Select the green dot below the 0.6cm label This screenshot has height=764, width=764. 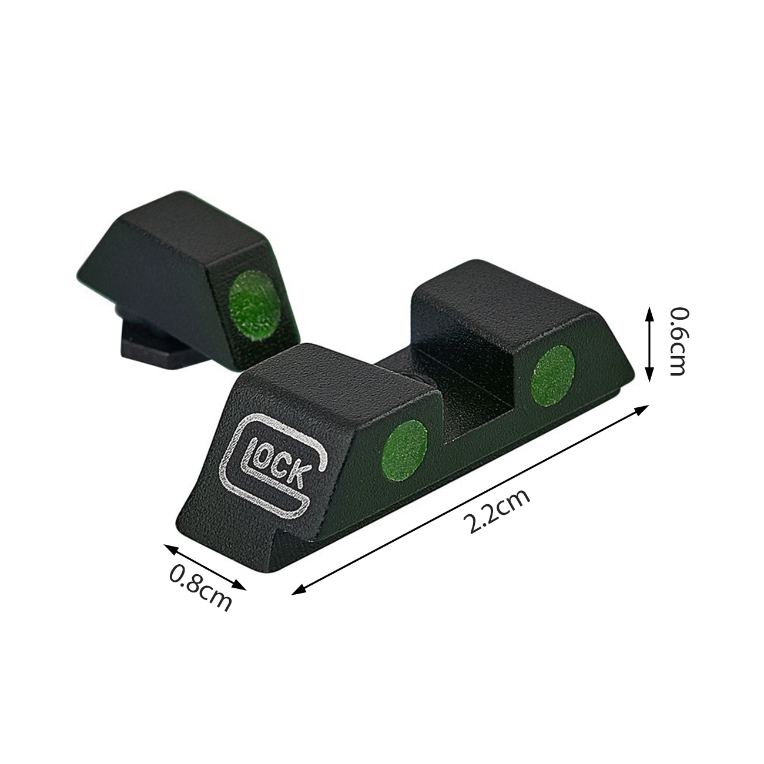point(554,376)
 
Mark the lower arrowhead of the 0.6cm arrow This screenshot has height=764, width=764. point(649,374)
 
